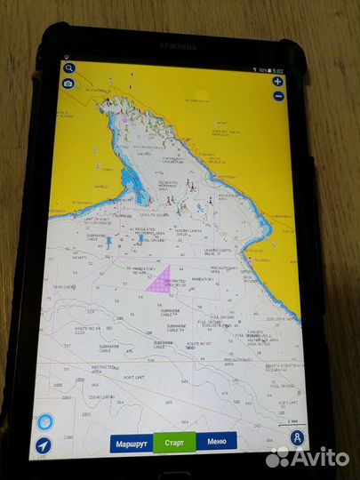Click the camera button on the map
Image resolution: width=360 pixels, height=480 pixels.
click(68, 84)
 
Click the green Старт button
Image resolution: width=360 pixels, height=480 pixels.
click(172, 442)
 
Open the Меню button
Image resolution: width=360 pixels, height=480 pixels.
click(216, 442)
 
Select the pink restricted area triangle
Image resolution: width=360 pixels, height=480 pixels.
click(159, 283)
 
